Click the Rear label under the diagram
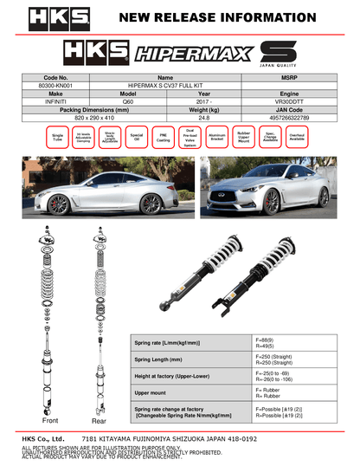(99, 422)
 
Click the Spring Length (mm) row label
(158, 358)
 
